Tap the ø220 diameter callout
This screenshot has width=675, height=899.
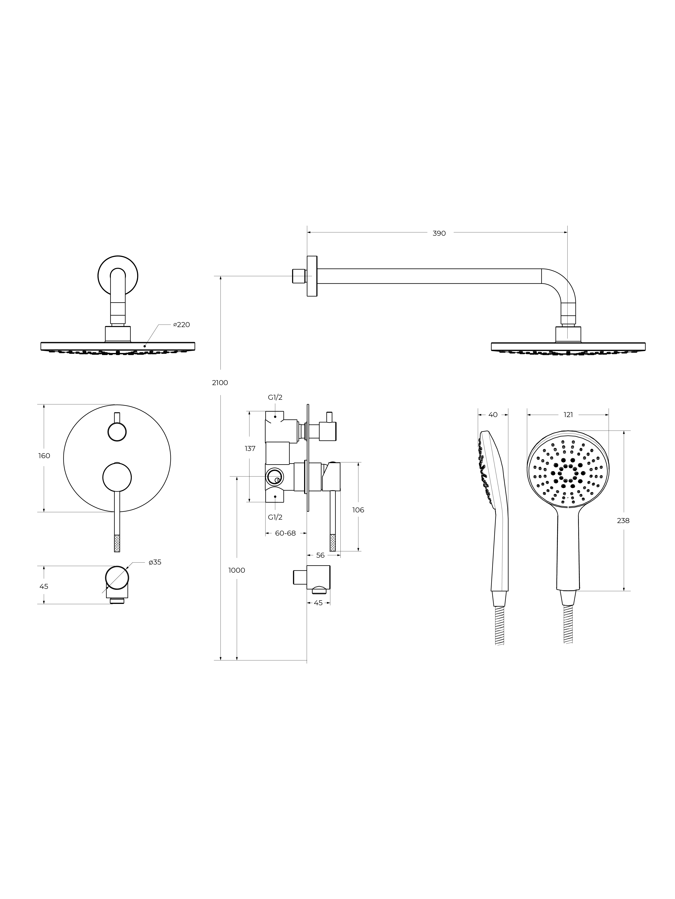(181, 325)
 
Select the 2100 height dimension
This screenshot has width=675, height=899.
(220, 382)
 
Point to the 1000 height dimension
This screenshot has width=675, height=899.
(237, 570)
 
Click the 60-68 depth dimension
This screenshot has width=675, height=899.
(285, 533)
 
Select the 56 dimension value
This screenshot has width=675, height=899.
(320, 555)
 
